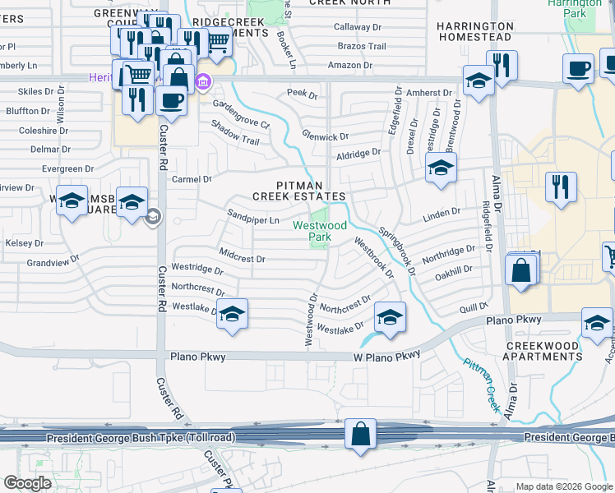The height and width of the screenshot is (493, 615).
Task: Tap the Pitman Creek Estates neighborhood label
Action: click(x=298, y=191)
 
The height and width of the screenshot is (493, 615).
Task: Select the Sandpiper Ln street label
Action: click(x=253, y=220)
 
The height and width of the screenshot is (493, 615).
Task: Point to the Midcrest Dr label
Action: click(x=242, y=258)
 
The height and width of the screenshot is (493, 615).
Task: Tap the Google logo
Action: click(x=28, y=483)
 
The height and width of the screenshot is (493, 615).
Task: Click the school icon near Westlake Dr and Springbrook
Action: click(x=390, y=317)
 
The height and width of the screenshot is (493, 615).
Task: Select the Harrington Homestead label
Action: click(x=475, y=31)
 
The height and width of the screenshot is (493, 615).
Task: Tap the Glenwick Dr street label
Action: click(x=325, y=136)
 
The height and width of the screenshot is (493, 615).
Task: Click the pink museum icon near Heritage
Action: click(x=203, y=81)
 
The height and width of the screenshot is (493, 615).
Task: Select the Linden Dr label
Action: click(x=442, y=214)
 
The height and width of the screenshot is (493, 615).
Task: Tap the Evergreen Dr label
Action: click(x=73, y=169)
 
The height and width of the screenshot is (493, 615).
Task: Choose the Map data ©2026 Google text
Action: click(x=563, y=486)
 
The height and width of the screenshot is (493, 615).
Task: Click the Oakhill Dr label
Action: click(x=454, y=270)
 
